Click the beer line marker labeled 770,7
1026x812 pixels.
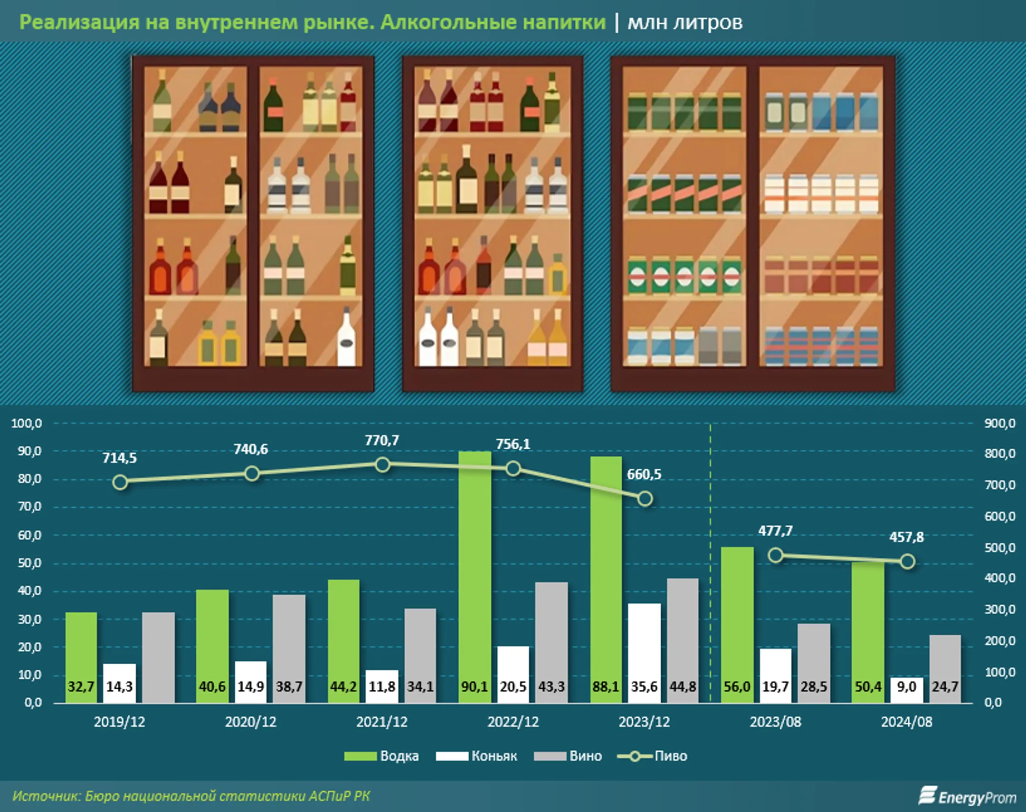coord(382,465)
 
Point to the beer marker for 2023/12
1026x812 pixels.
coord(645,499)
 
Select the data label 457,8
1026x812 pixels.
coord(906,537)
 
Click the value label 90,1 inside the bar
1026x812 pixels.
coord(475,686)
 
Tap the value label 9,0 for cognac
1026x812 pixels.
coord(906,686)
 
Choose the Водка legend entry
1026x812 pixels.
coord(381,756)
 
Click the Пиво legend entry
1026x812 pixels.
coord(652,756)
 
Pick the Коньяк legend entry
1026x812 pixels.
coord(476,756)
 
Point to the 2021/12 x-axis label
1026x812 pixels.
coord(382,722)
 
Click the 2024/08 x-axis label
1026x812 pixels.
coord(906,722)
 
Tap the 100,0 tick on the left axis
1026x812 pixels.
coord(27,423)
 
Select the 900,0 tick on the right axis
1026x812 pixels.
coord(999,423)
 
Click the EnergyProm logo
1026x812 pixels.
coord(967,796)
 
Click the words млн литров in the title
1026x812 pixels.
coord(684,22)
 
